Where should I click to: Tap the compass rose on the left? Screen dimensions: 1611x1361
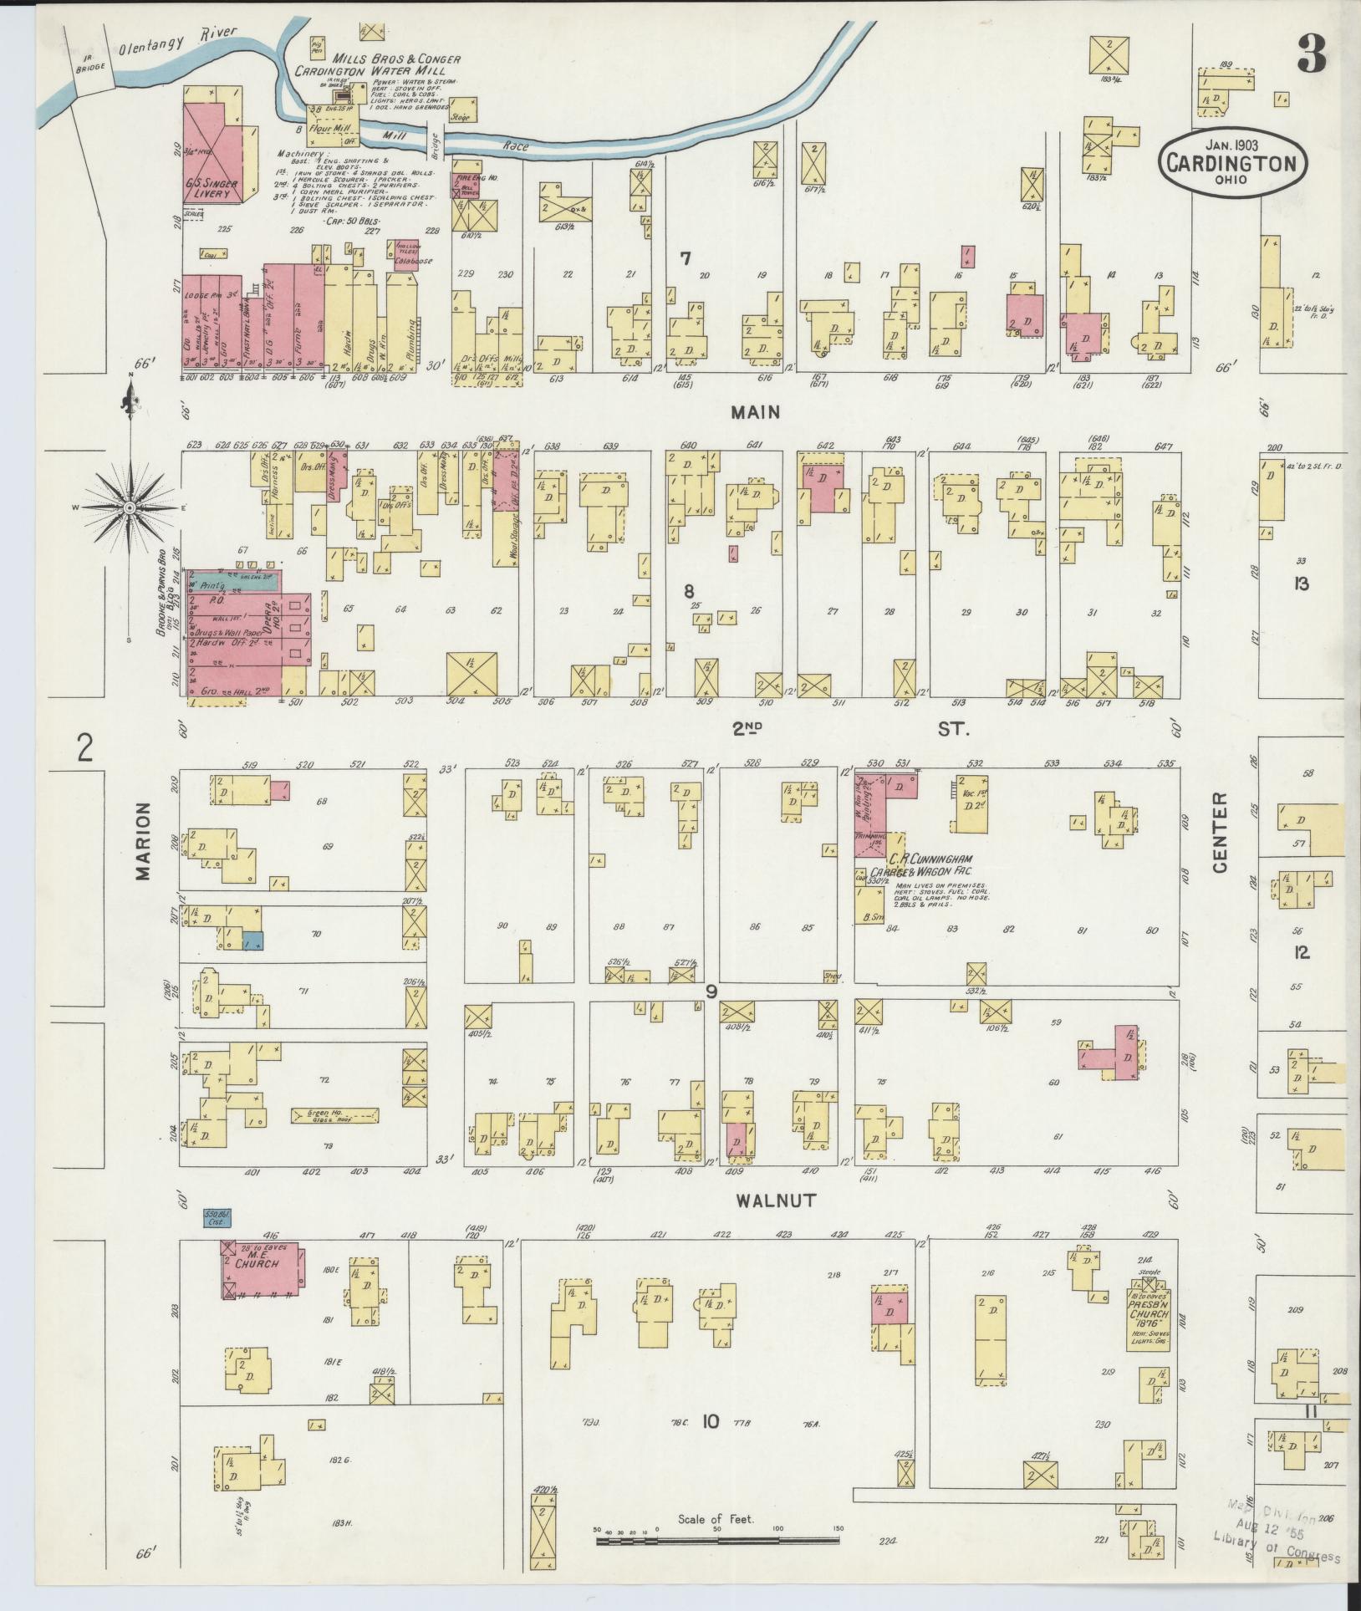(130, 507)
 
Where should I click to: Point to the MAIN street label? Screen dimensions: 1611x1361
(755, 411)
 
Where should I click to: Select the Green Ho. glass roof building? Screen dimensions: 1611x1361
(334, 1114)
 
